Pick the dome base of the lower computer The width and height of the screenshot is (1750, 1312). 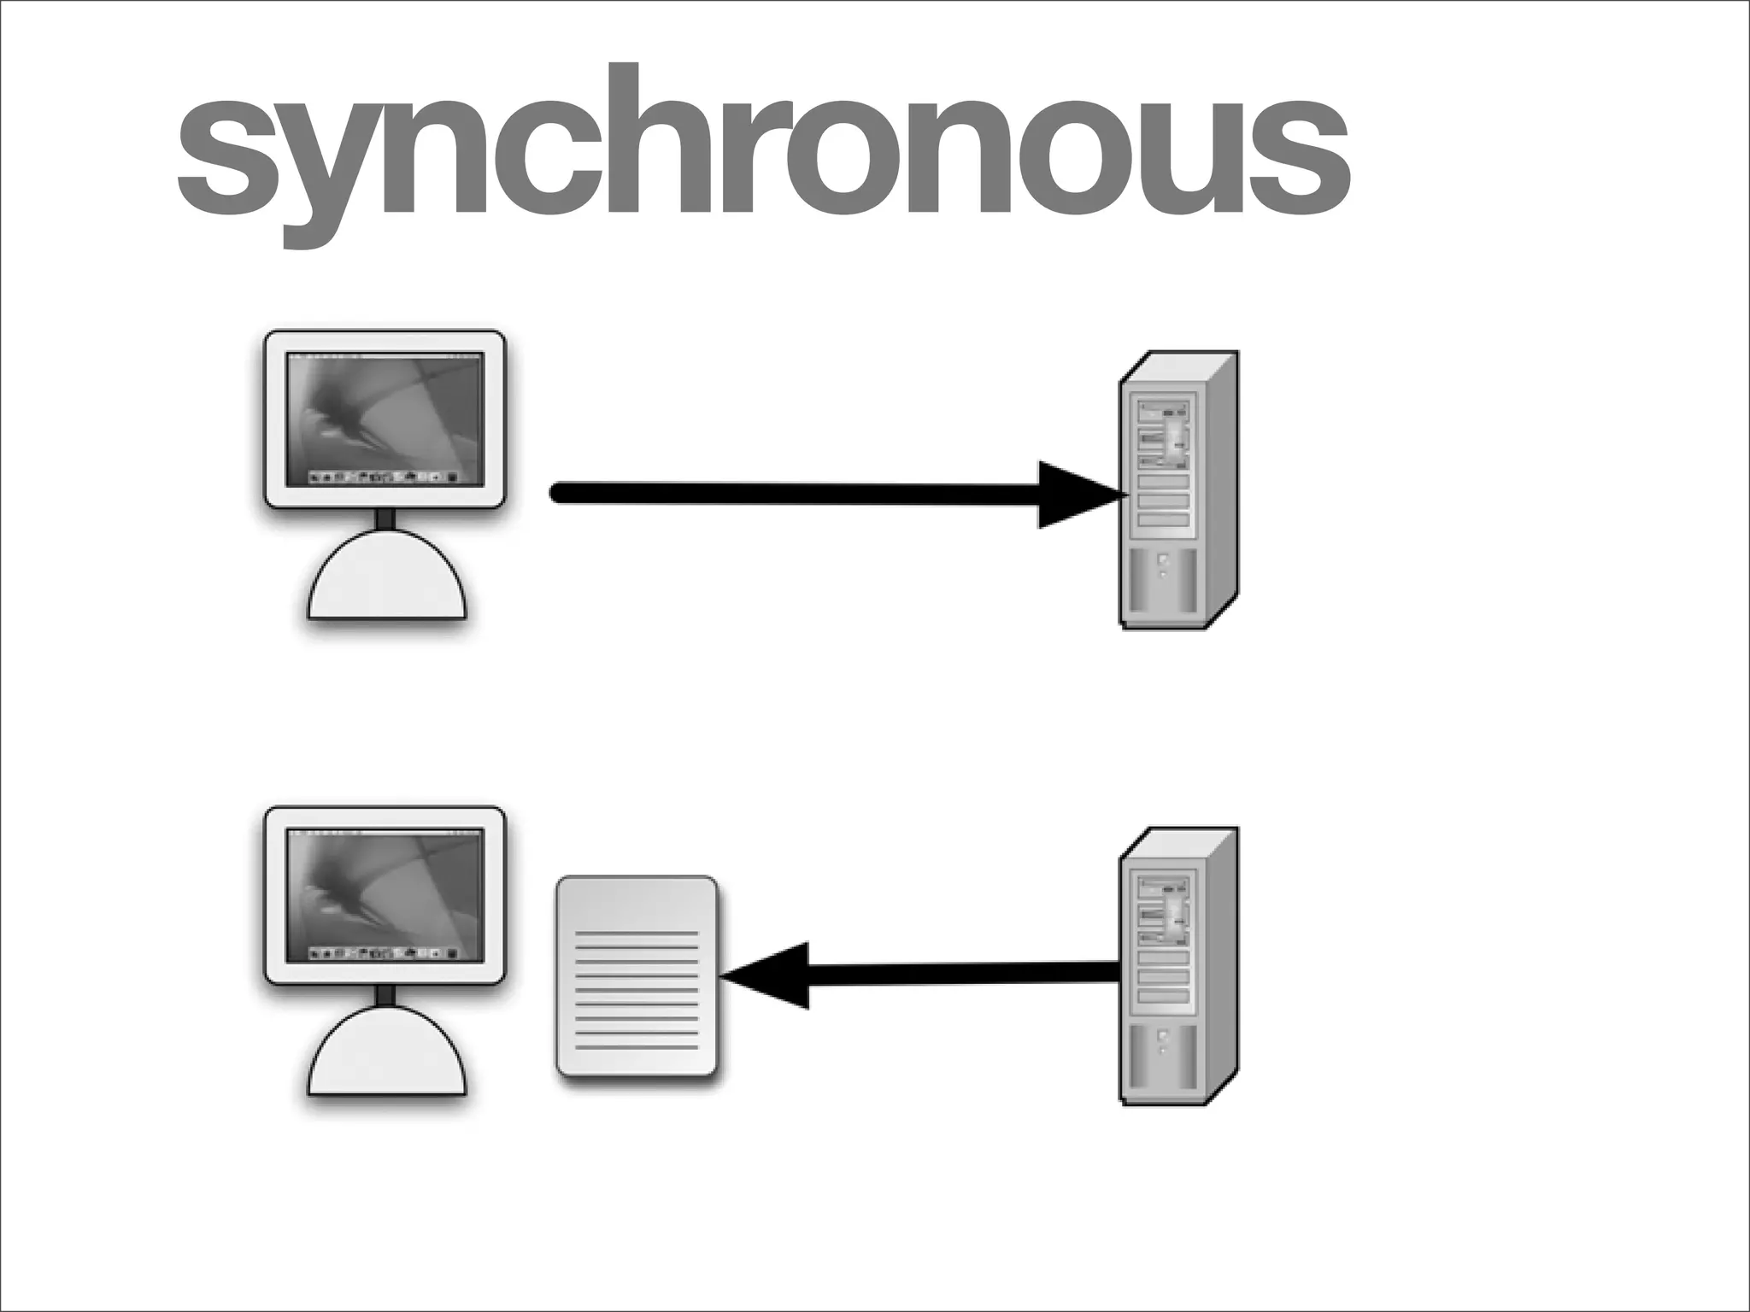387,1055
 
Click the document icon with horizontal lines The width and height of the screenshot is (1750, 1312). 637,975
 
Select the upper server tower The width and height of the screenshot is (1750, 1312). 1177,490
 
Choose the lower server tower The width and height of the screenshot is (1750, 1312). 1177,967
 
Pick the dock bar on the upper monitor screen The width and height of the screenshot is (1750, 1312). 385,476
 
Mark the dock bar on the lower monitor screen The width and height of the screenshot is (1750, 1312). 385,952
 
